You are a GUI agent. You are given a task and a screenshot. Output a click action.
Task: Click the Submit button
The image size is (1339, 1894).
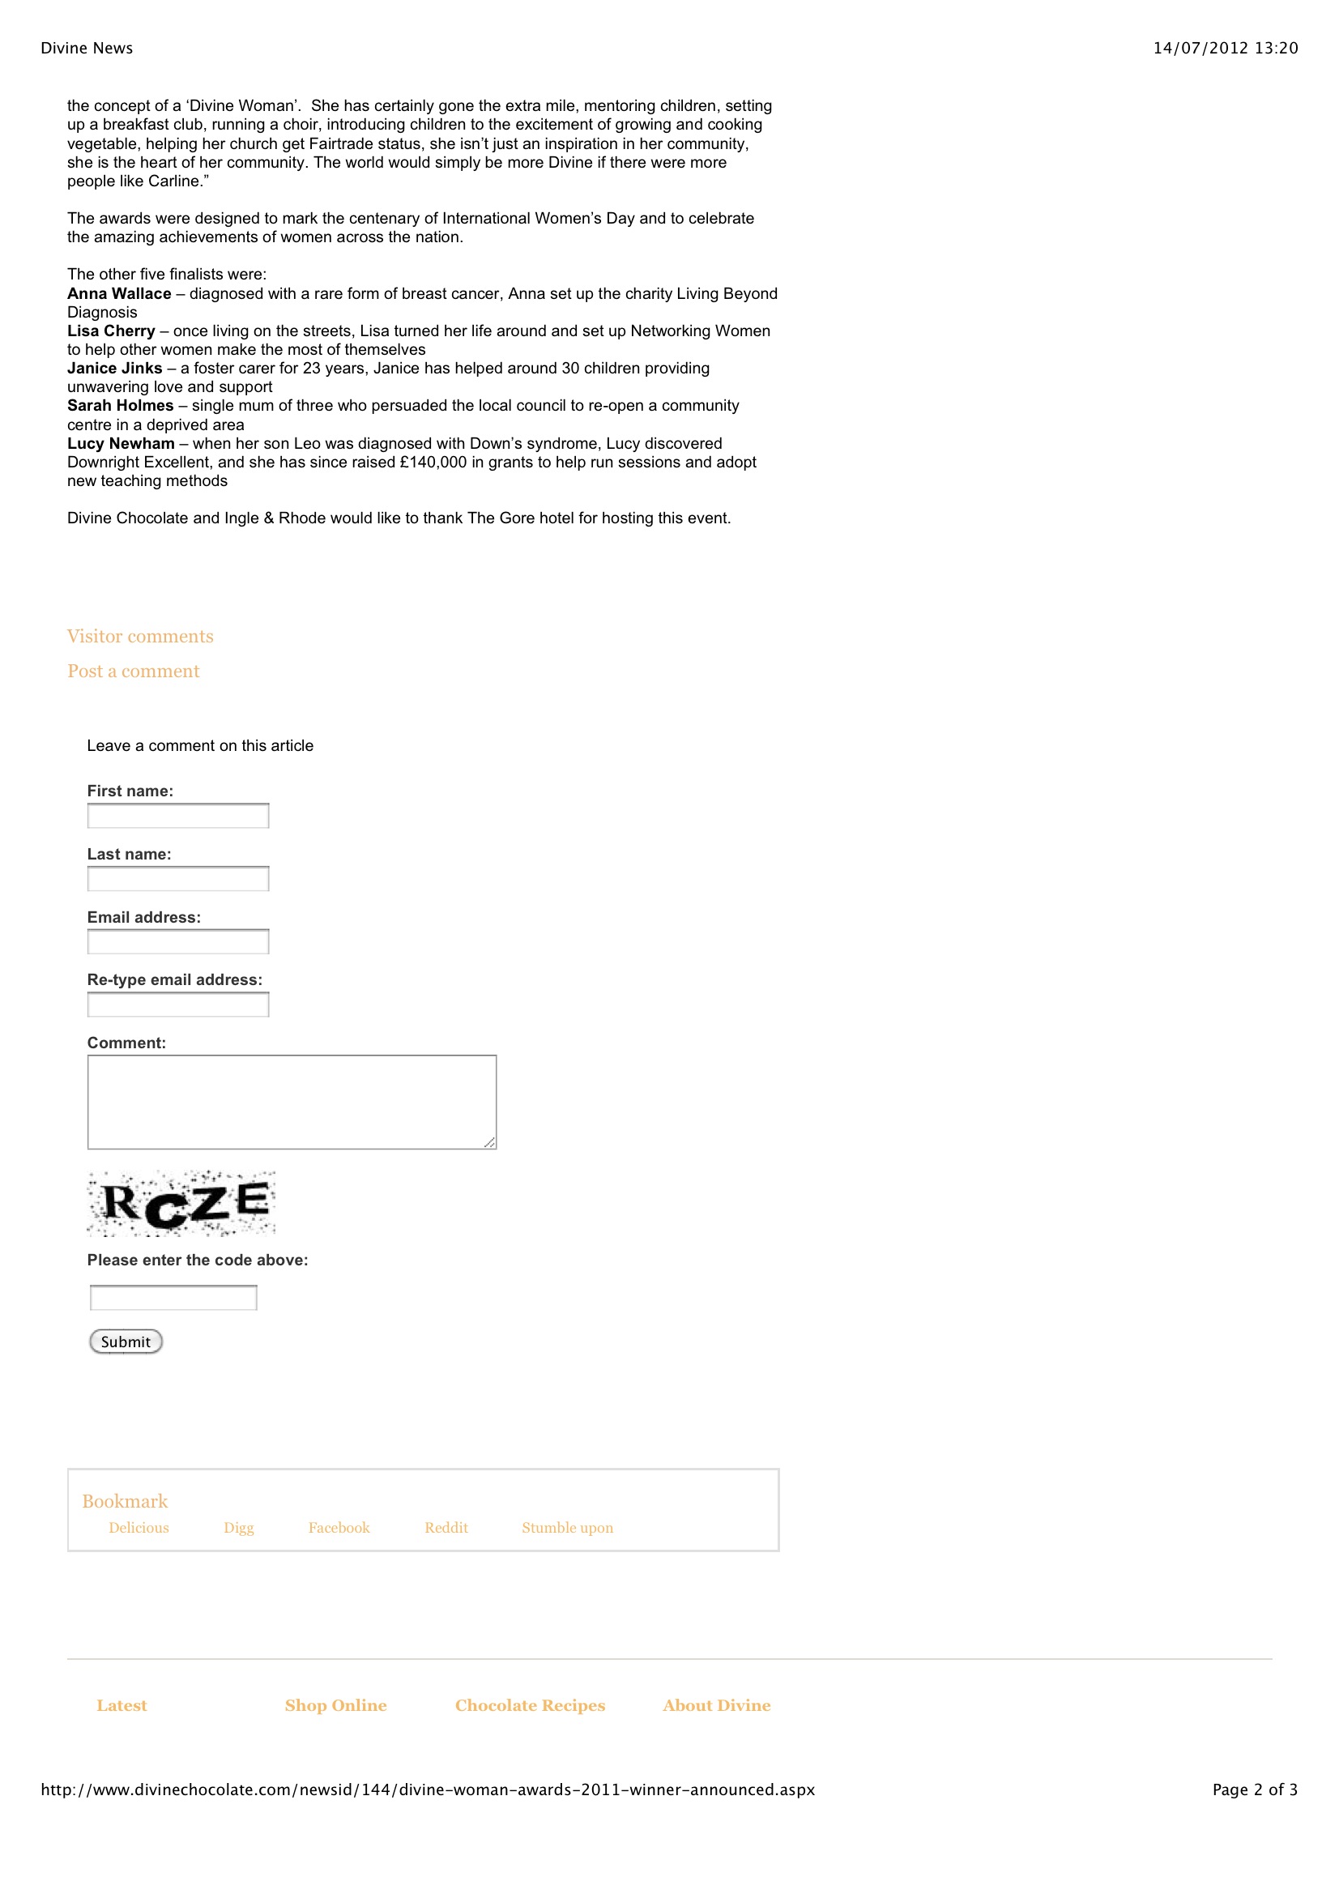pos(126,1342)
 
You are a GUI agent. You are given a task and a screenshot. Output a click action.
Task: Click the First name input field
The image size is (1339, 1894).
pos(178,816)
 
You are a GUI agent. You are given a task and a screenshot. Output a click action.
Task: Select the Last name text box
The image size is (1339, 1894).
pos(178,878)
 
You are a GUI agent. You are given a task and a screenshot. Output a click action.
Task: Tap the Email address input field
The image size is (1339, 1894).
pos(178,942)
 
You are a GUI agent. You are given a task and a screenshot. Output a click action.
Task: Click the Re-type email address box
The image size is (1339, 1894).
pos(178,1005)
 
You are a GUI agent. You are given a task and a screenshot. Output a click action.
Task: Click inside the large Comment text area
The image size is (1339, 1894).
pos(292,1102)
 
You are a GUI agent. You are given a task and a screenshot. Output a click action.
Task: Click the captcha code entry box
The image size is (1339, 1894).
pos(173,1298)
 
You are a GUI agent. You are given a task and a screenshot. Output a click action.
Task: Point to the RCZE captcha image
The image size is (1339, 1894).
pos(181,1204)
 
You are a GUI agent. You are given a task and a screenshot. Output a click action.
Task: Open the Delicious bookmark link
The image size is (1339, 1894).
pos(139,1528)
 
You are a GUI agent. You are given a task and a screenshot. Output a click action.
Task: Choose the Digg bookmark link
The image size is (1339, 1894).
pos(238,1528)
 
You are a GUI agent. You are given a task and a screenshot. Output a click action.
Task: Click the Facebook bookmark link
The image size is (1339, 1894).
pos(339,1528)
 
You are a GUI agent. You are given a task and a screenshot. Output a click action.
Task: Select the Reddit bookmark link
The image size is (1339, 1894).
pos(446,1528)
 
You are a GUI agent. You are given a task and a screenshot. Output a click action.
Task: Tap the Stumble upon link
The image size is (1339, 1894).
pos(568,1528)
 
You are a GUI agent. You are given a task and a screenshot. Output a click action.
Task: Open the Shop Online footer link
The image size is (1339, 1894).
pos(336,1705)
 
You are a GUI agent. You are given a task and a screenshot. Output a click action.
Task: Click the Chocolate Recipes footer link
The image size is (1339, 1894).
pos(531,1705)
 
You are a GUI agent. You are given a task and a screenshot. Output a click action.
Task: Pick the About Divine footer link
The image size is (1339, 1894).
pos(717,1705)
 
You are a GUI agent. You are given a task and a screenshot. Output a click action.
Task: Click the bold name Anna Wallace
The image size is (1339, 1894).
pos(120,294)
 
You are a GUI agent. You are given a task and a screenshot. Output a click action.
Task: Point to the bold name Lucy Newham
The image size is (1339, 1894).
pos(122,444)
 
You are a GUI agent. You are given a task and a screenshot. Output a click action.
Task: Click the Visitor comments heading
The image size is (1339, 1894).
pos(140,636)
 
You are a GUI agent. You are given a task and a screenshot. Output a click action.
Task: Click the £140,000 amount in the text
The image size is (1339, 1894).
pos(433,463)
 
